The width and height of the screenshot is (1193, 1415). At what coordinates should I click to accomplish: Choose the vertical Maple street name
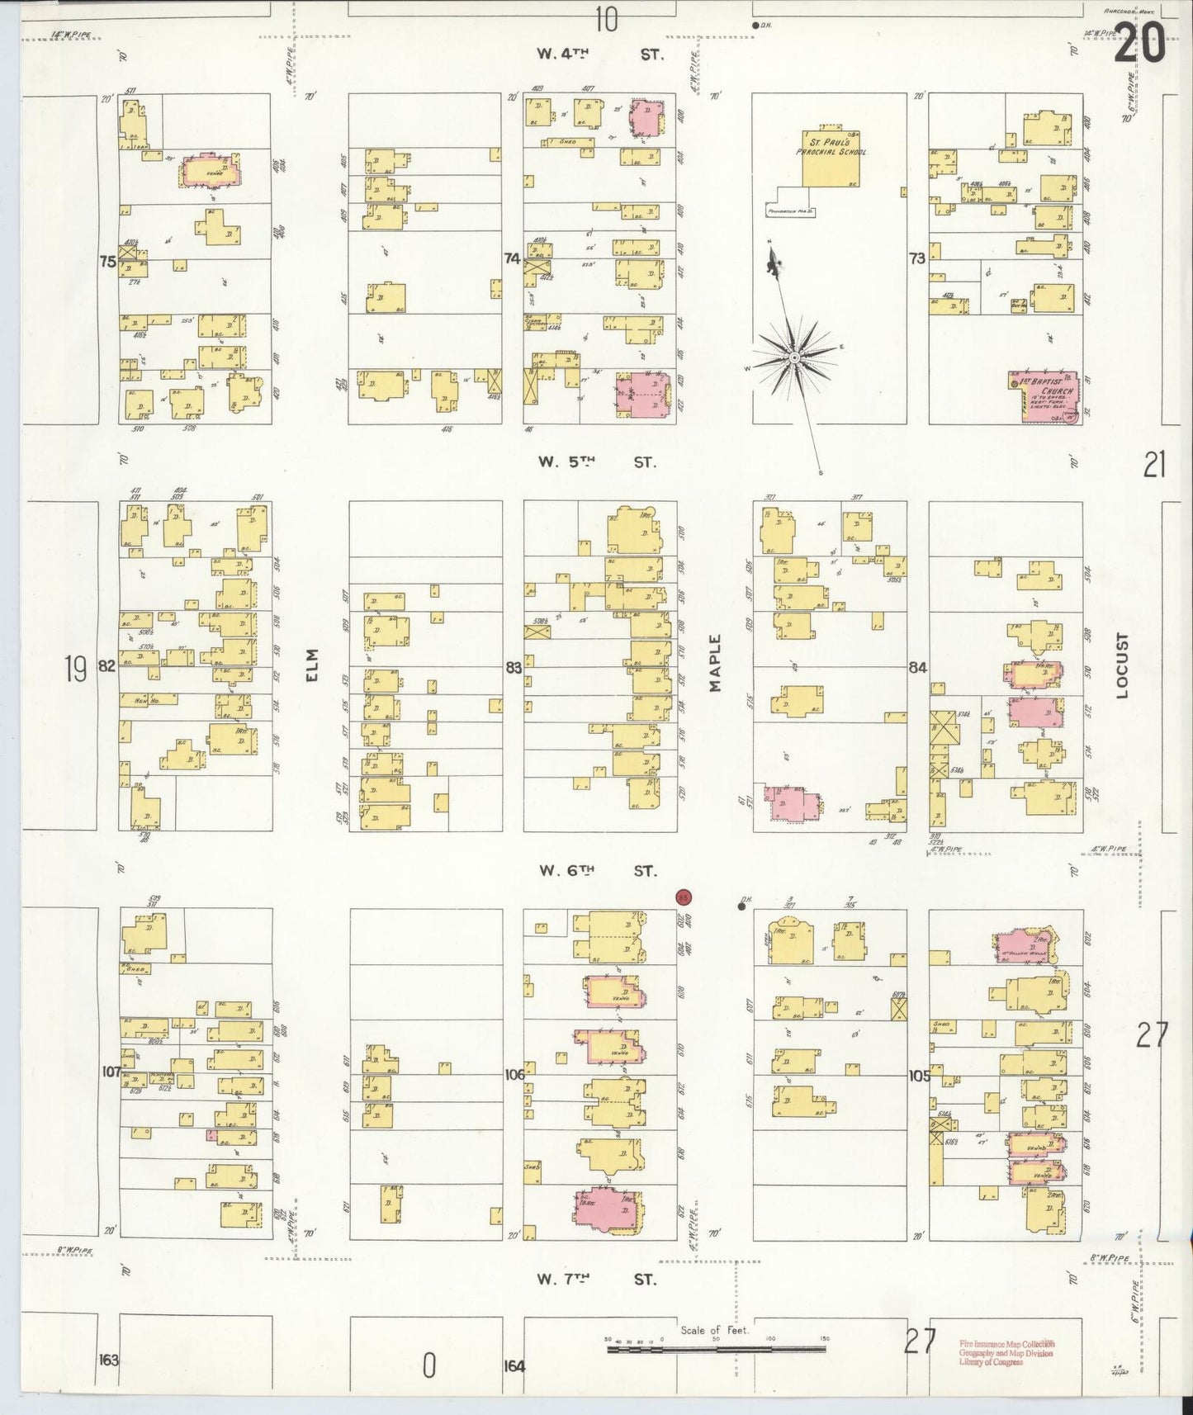pyautogui.click(x=715, y=663)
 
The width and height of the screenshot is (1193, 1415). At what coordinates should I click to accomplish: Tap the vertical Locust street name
pyautogui.click(x=1120, y=665)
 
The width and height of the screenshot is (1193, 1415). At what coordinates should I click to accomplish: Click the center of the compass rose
pyautogui.click(x=793, y=357)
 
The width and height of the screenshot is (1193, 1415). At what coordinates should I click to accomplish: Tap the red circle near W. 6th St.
pyautogui.click(x=683, y=897)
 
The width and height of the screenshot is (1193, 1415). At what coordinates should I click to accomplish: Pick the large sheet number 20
pyautogui.click(x=1140, y=43)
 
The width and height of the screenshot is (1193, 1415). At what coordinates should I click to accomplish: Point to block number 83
pyautogui.click(x=514, y=667)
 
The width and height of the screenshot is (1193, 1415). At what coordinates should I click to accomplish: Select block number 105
pyautogui.click(x=918, y=1076)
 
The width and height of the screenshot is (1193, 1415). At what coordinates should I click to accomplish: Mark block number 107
pyautogui.click(x=111, y=1072)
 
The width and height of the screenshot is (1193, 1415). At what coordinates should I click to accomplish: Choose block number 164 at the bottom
pyautogui.click(x=514, y=1365)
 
